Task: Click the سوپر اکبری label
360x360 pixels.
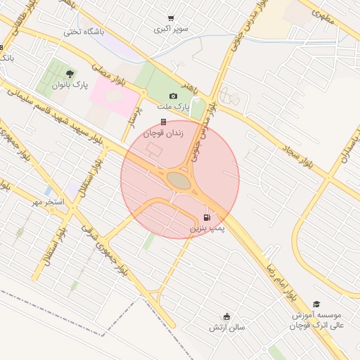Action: [x=172, y=30]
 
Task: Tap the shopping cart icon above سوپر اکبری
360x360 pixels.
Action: [x=171, y=18]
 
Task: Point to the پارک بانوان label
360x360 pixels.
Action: [x=70, y=84]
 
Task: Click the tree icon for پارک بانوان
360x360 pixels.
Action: [x=69, y=73]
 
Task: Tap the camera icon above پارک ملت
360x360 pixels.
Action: [x=173, y=96]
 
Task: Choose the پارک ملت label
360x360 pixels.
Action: [x=173, y=106]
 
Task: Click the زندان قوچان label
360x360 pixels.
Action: [x=163, y=133]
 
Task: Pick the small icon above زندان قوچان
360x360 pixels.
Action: [x=163, y=122]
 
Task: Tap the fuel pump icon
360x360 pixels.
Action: [x=206, y=218]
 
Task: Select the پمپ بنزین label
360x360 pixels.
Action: [x=207, y=229]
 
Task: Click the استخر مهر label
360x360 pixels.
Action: [x=47, y=202]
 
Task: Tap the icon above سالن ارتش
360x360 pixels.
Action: [x=226, y=316]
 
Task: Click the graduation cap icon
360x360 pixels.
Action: [x=316, y=304]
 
